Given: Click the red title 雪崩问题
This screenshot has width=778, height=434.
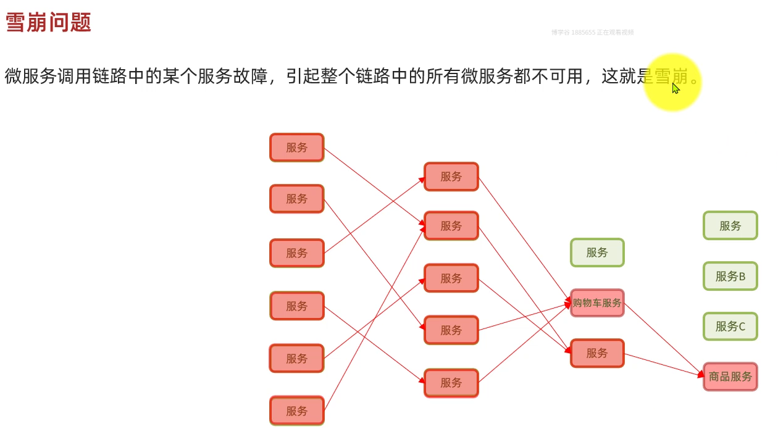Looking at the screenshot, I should coord(48,23).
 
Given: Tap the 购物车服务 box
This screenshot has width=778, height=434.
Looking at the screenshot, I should coord(597,303).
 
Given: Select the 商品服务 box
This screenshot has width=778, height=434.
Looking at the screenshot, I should coord(730,377).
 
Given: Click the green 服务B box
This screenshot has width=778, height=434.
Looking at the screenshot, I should coord(730,276).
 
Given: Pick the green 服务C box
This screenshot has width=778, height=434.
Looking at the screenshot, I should coord(730,327).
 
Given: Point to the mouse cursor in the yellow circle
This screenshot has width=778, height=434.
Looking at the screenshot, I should coord(676,88).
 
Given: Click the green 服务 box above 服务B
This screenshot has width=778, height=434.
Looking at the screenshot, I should coord(730,225).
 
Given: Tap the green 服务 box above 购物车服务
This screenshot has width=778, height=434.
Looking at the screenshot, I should coord(597,252).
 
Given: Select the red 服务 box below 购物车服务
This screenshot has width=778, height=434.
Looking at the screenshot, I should coord(597,353).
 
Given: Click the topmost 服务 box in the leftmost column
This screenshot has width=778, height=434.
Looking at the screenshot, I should coord(297,148).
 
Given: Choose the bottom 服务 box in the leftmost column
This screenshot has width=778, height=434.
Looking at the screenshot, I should coord(297,411).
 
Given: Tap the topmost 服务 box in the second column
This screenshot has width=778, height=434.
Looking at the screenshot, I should coord(451,177).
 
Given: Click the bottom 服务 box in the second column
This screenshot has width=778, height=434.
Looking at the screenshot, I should coord(451,383).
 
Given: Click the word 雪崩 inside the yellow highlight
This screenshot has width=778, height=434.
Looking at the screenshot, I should coord(671,77).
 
